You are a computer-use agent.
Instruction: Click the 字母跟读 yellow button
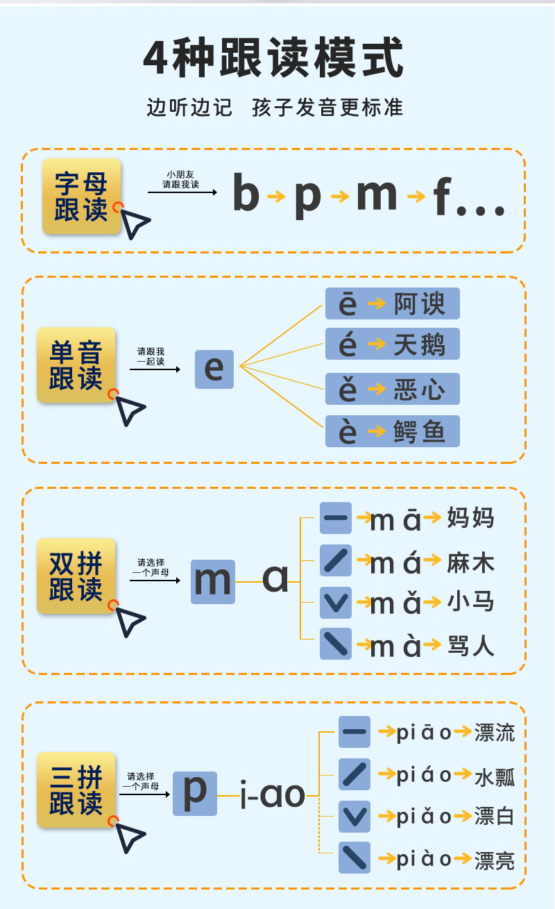click(81, 197)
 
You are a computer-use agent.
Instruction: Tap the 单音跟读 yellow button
click(76, 365)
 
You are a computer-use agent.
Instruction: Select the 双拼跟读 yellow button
click(76, 576)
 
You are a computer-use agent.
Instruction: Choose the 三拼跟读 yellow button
click(76, 790)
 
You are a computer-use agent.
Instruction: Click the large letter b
click(246, 194)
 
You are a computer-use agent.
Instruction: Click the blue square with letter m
click(213, 581)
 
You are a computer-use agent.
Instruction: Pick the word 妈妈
click(470, 518)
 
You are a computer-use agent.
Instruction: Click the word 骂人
click(470, 646)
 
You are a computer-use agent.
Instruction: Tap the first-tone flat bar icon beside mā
click(336, 518)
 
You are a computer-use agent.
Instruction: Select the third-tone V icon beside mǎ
click(336, 602)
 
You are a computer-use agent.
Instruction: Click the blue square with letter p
click(195, 793)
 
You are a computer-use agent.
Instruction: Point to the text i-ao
click(272, 794)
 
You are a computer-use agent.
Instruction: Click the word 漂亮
click(495, 860)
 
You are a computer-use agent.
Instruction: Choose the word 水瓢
click(495, 775)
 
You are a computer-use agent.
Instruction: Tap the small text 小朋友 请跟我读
click(181, 180)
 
